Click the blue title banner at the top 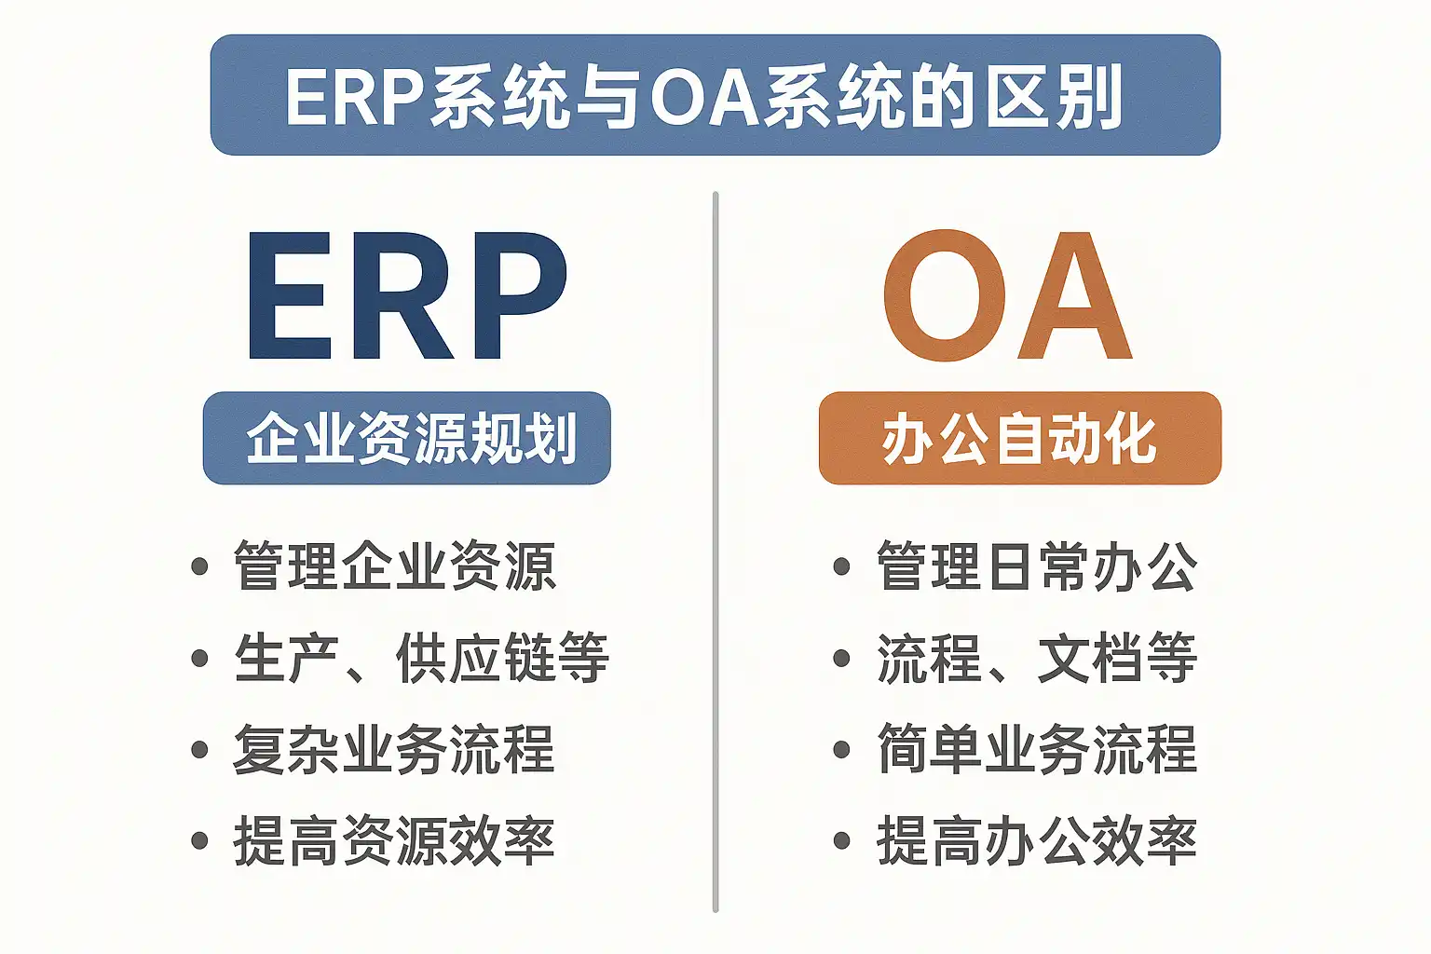tap(715, 95)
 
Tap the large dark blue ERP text tap(407, 295)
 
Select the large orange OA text tap(1007, 295)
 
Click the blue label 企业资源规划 tap(407, 438)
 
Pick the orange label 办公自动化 tap(1019, 438)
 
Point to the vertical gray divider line tap(715, 552)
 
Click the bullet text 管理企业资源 tap(395, 566)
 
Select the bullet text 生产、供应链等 tap(422, 658)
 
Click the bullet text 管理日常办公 tap(1037, 566)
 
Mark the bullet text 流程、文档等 tap(1037, 658)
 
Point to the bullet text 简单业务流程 tap(1037, 750)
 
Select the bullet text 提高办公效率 tap(1037, 840)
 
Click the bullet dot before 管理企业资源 tap(200, 566)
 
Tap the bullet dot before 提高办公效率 tap(842, 840)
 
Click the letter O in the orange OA tap(945, 295)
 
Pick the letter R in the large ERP tap(403, 295)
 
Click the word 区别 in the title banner tap(1054, 97)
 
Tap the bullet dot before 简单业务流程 tap(842, 750)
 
